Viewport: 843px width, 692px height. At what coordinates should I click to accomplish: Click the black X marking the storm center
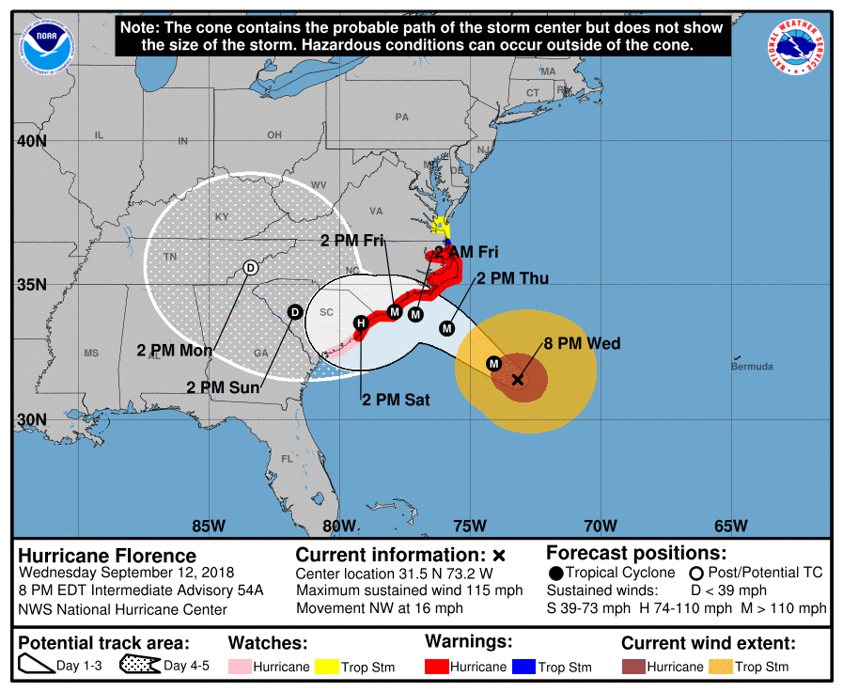point(518,380)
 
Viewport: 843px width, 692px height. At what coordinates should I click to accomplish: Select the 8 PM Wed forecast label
point(582,344)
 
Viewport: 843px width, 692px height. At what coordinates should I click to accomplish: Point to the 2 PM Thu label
point(512,278)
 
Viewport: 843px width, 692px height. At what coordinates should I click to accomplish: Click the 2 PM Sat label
point(396,400)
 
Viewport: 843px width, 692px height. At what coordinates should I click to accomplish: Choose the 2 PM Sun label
point(222,386)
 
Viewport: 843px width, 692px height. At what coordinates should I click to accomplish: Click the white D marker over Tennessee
point(250,268)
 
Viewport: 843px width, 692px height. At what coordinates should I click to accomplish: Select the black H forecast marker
point(360,323)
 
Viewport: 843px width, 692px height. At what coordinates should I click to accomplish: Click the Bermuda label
point(752,366)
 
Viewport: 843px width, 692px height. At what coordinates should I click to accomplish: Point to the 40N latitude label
point(30,142)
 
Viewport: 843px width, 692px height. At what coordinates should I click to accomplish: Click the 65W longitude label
point(730,525)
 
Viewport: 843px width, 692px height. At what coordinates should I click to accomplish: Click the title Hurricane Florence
point(108,555)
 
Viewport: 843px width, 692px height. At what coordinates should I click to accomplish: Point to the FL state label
point(288,460)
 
